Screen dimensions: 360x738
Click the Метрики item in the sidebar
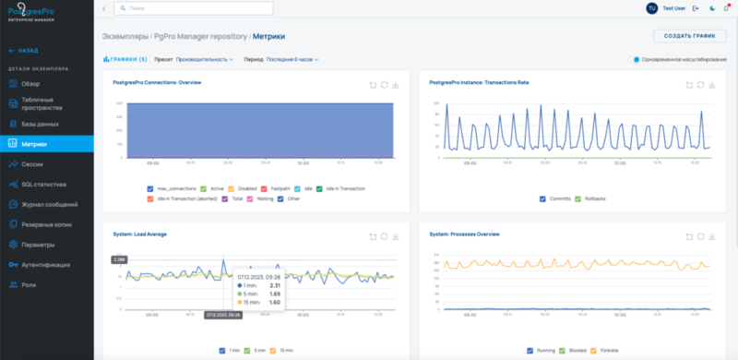pos(34,143)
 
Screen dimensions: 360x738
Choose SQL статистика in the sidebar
pos(42,184)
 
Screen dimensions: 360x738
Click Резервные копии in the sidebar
pos(45,224)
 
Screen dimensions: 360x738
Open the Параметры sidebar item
pos(37,245)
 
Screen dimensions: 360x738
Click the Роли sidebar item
pos(29,285)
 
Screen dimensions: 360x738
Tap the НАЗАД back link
pos(25,51)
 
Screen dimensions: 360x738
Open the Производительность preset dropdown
pos(203,59)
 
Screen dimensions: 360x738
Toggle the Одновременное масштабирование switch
pos(637,59)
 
